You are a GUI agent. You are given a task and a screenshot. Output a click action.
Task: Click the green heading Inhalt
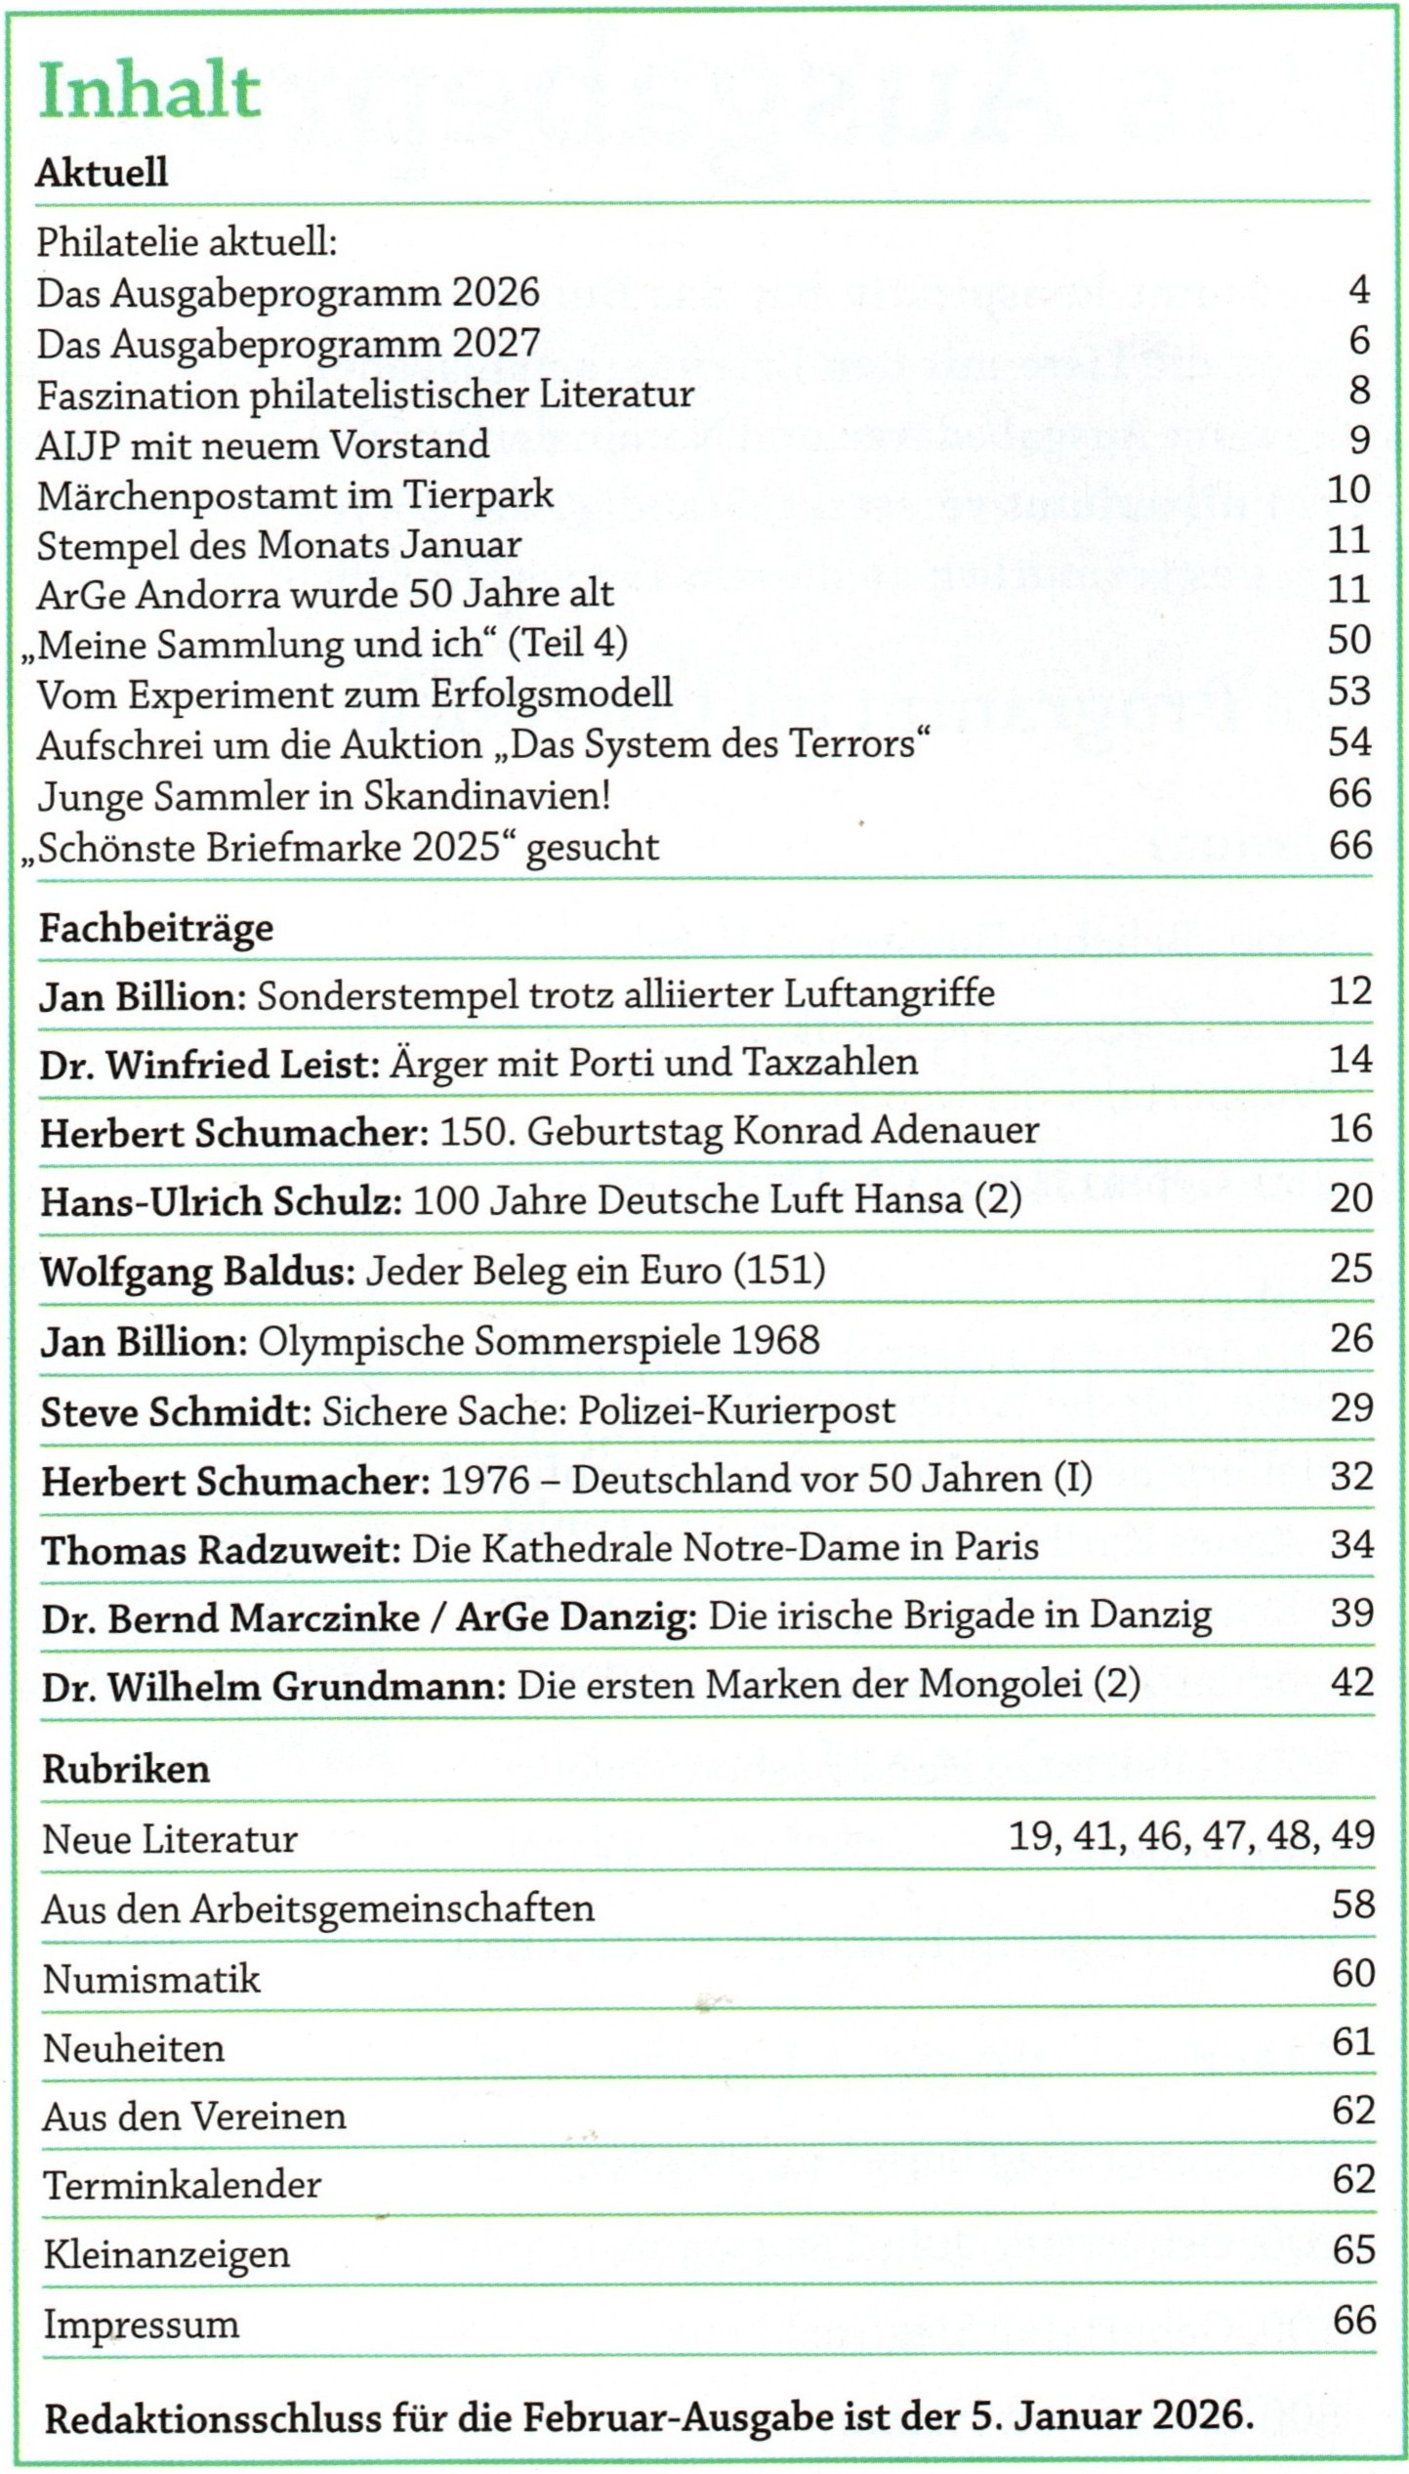149,92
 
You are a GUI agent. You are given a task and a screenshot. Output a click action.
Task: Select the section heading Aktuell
102,173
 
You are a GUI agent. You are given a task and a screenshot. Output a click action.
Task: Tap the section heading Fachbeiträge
156,927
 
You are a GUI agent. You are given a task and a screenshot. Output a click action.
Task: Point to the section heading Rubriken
126,1769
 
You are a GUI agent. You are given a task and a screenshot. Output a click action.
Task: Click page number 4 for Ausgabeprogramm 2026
1358,290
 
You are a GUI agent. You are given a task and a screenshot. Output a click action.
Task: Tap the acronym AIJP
78,445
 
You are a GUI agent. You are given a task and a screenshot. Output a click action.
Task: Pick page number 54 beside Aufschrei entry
1348,742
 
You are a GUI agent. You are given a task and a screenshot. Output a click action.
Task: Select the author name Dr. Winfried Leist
209,1064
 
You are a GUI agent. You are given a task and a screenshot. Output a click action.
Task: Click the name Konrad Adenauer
885,1131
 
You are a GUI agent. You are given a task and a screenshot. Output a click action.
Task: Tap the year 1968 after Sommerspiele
774,1340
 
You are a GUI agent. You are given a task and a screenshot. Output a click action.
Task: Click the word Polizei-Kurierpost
736,1410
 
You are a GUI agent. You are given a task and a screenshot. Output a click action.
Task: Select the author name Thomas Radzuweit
221,1549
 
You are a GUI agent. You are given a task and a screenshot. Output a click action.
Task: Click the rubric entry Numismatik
151,1979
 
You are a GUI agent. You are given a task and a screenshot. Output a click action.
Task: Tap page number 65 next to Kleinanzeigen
1353,2249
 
